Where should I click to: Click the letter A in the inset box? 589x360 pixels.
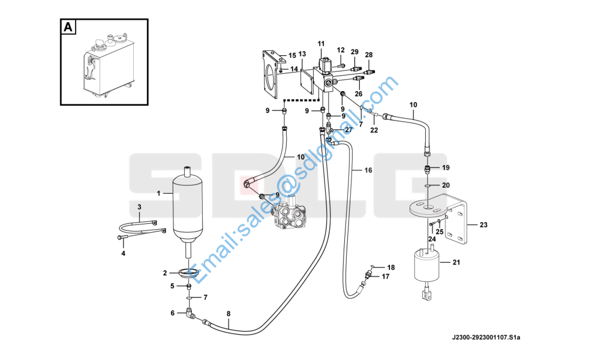(68, 27)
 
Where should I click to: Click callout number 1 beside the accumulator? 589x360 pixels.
(159, 193)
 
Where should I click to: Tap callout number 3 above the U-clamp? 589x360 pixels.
(139, 207)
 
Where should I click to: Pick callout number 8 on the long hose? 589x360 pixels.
(229, 314)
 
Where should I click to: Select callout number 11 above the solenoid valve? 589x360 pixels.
(321, 44)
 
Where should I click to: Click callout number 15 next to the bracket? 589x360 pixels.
(292, 56)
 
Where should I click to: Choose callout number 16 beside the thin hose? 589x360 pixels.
(368, 170)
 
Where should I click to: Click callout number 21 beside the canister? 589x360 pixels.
(456, 262)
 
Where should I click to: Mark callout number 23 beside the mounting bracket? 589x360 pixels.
(483, 225)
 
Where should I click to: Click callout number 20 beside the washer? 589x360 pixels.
(446, 185)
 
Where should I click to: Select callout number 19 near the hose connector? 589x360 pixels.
(446, 167)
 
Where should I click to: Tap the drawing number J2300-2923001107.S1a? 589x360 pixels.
(486, 337)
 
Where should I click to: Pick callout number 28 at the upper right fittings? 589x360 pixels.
(369, 55)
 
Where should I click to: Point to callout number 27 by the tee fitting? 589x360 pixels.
(349, 130)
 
